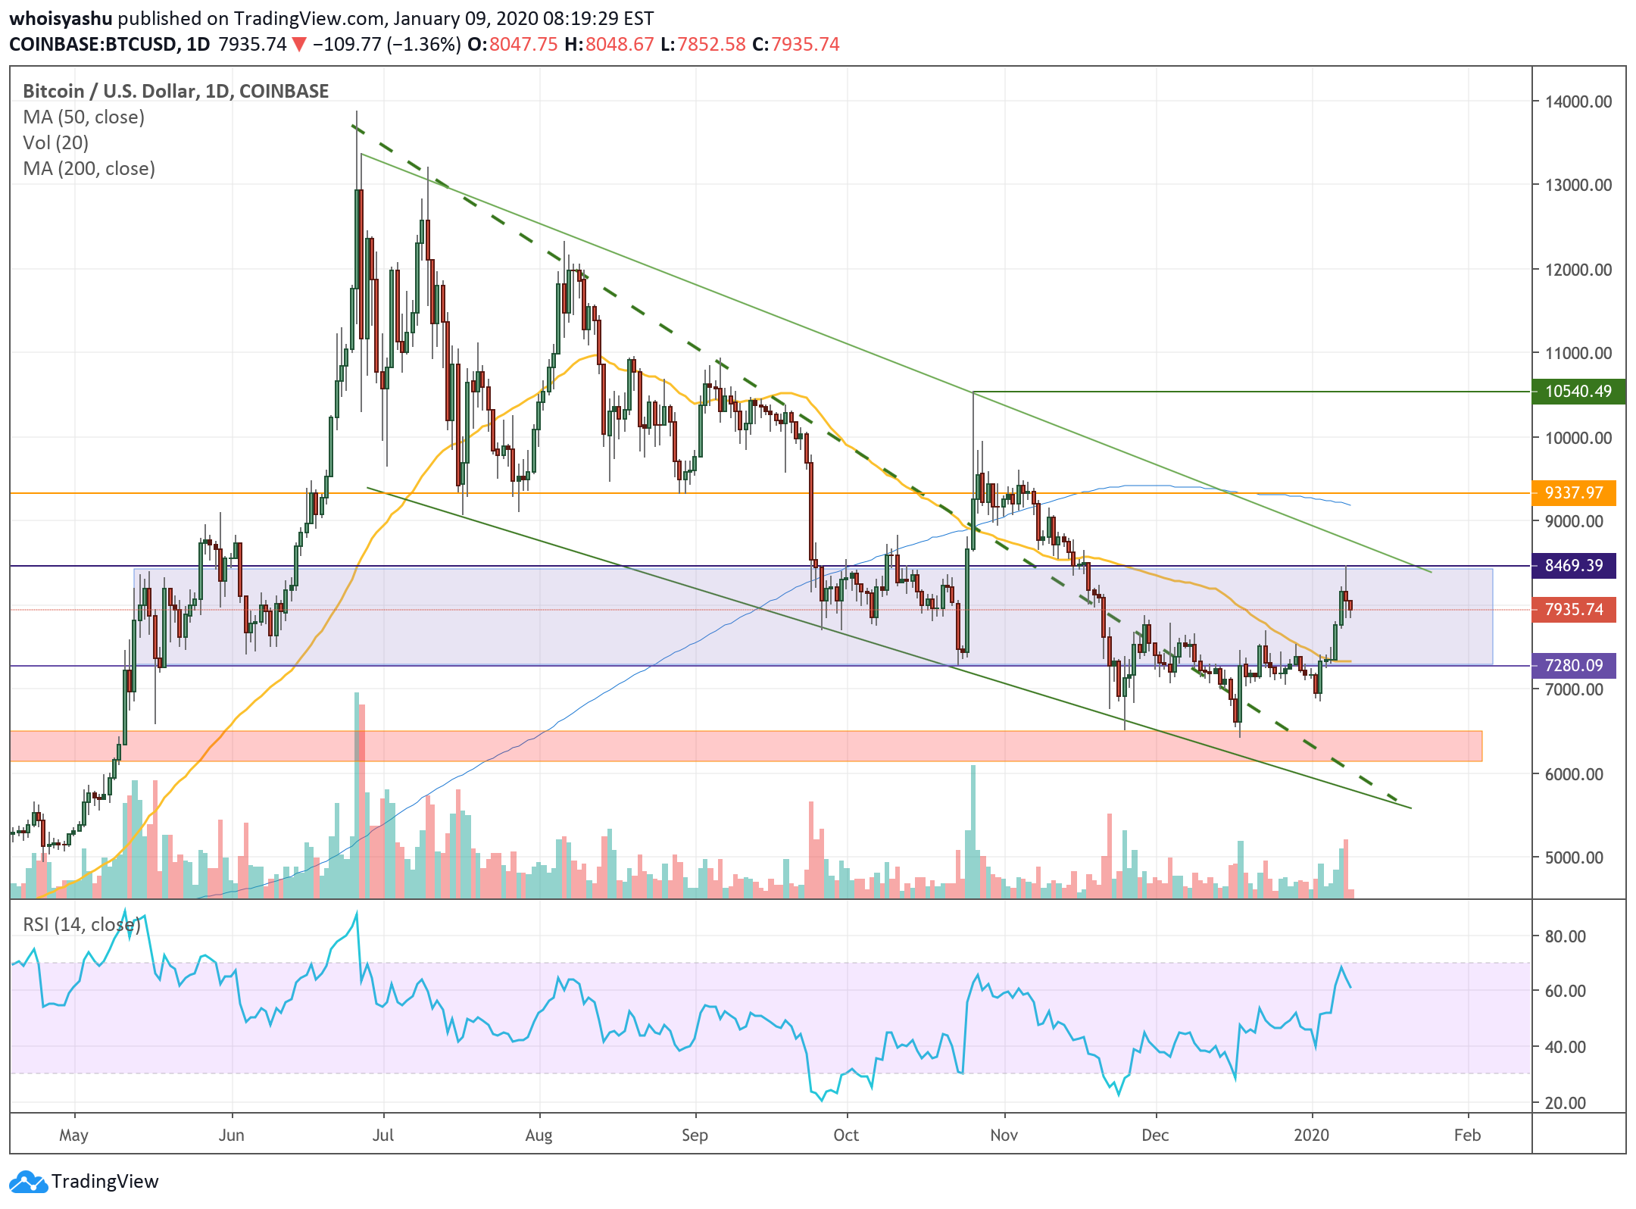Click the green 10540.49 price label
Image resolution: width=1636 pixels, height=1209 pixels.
point(1578,392)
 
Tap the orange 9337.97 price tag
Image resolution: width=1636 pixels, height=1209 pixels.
point(1573,493)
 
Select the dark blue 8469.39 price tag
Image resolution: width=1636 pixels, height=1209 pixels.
point(1573,566)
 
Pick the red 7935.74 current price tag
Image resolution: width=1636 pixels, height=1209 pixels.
point(1573,610)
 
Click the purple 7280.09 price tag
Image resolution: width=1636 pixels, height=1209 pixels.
point(1573,666)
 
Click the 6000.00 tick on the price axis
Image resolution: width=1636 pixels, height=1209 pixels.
point(1573,774)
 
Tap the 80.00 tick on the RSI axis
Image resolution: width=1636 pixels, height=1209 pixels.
point(1565,936)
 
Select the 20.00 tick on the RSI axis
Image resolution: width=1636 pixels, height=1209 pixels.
point(1565,1103)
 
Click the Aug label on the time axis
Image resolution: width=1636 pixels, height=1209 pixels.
point(539,1136)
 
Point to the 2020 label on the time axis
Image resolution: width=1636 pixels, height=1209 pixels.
point(1311,1136)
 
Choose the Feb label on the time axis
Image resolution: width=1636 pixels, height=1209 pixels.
point(1467,1136)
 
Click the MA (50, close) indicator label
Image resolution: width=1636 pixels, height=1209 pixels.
point(83,117)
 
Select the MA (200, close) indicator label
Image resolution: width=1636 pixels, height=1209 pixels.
point(89,169)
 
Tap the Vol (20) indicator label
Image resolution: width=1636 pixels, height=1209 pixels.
point(55,143)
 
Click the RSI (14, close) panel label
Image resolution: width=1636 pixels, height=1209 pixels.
point(81,925)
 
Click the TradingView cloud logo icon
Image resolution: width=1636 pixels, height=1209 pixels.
point(29,1181)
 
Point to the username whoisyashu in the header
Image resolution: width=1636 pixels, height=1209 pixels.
point(61,18)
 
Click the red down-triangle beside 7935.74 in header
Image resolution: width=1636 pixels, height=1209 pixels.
point(299,45)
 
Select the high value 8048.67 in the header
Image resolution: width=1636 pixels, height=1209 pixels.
point(619,45)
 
